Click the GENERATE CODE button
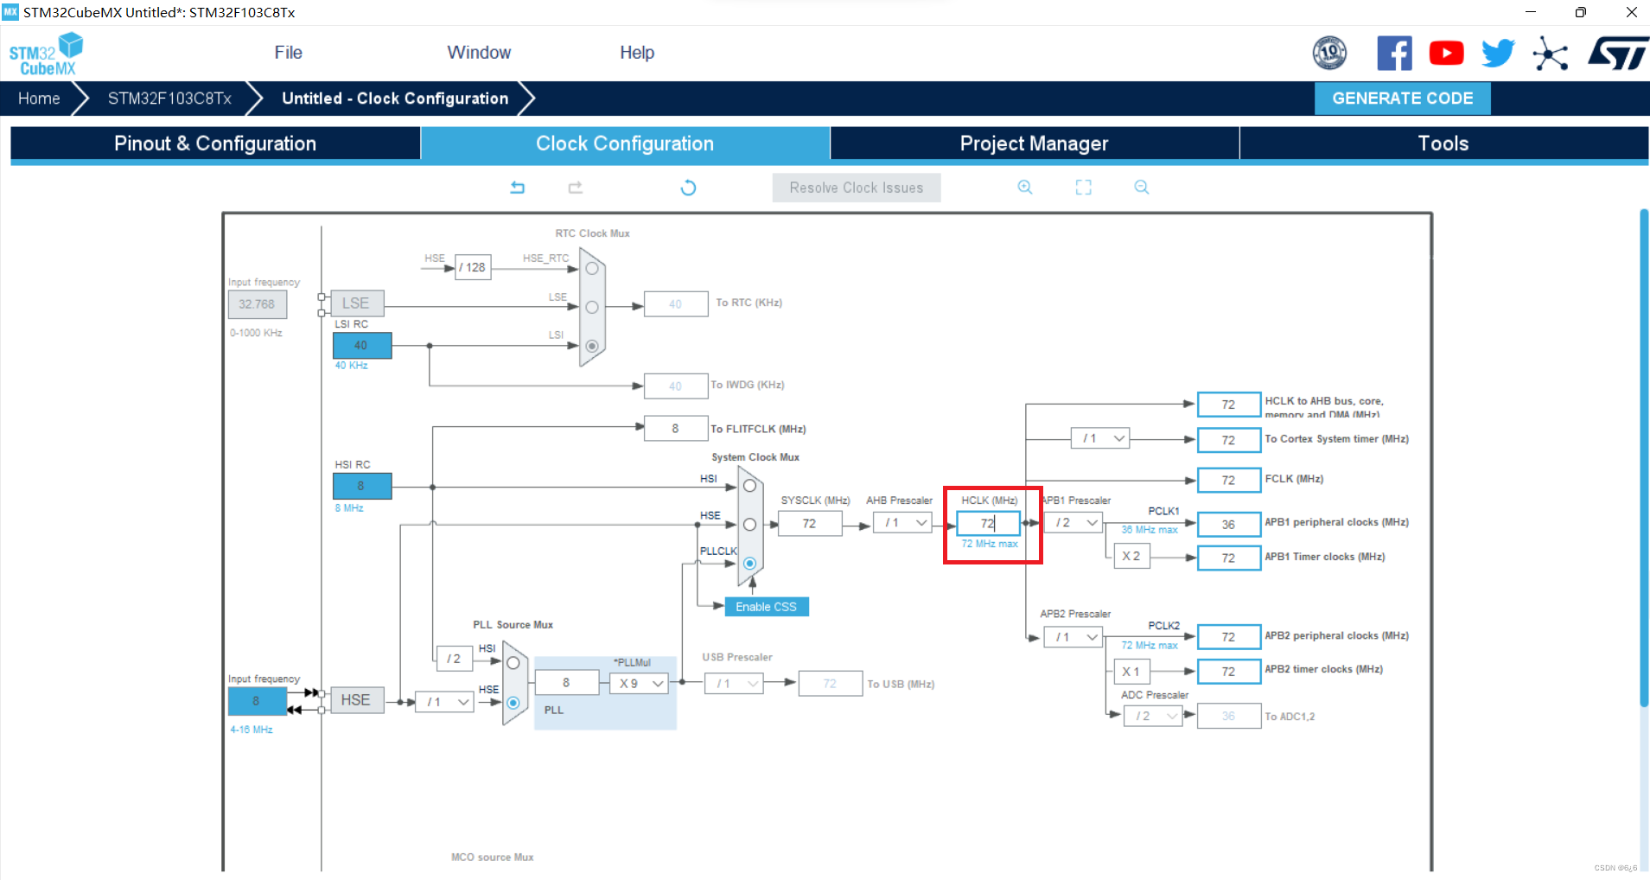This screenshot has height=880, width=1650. click(x=1402, y=99)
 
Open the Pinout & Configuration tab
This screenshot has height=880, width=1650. click(x=215, y=143)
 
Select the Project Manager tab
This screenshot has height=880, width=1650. click(x=1034, y=143)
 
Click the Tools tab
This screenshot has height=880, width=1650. click(x=1443, y=143)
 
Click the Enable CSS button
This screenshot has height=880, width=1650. click(x=766, y=607)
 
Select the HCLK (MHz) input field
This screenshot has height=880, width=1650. click(x=988, y=523)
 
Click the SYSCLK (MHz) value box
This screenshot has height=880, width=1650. click(x=809, y=523)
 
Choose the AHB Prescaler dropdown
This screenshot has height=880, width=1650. click(x=902, y=523)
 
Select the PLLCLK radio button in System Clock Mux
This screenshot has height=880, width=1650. click(x=750, y=564)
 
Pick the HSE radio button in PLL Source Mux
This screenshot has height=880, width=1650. click(x=513, y=703)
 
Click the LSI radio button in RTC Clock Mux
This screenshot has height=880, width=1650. click(x=592, y=346)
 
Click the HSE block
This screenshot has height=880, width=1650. click(x=355, y=700)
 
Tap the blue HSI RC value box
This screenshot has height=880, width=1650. click(x=361, y=486)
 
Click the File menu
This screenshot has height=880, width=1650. click(x=288, y=53)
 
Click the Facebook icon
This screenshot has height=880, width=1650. click(x=1394, y=54)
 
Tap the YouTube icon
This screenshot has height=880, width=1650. click(x=1446, y=54)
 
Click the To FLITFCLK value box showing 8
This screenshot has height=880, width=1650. click(x=675, y=429)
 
